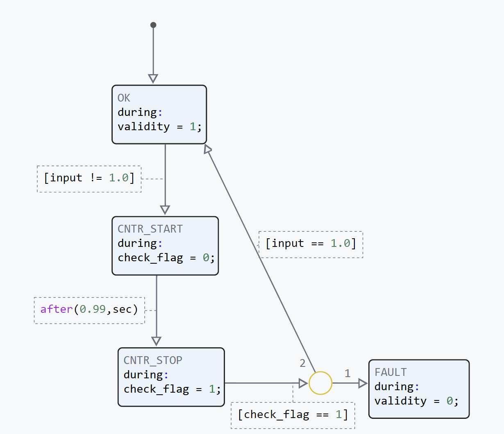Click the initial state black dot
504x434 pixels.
[x=153, y=25]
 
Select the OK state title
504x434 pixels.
[x=124, y=98]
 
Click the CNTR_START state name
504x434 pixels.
[x=150, y=229]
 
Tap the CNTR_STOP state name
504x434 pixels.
[x=153, y=360]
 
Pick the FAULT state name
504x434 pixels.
[x=390, y=372]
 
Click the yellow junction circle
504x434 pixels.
[x=320, y=383]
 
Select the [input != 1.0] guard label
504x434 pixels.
[x=89, y=178]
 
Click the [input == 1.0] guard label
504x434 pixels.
[x=311, y=244]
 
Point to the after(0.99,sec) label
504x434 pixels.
[x=89, y=309]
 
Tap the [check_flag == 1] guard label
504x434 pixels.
[x=293, y=415]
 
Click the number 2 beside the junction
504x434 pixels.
[x=302, y=363]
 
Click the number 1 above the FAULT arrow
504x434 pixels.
[x=347, y=373]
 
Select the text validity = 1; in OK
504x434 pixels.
[x=160, y=127]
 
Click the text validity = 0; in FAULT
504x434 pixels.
[x=416, y=401]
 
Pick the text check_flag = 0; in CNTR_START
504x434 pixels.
[x=166, y=258]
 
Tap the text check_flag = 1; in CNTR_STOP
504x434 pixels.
[x=172, y=389]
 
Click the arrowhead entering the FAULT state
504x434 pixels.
[x=363, y=383]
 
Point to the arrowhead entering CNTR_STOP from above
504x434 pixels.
[x=156, y=341]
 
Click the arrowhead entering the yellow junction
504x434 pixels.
[x=303, y=383]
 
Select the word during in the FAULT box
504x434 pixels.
[x=394, y=387]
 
